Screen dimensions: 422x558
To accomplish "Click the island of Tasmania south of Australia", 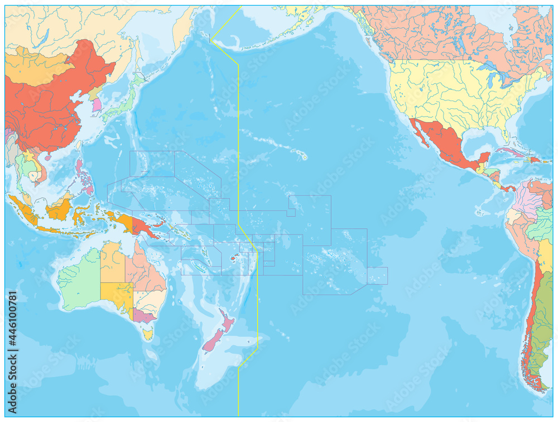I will point(147,334).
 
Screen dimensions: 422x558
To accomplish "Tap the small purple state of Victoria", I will point(143,317).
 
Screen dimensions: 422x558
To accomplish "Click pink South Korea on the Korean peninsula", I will point(97,104).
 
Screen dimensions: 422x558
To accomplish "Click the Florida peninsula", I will point(505,134).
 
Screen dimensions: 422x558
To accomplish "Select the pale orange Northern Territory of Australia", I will point(112,262).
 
